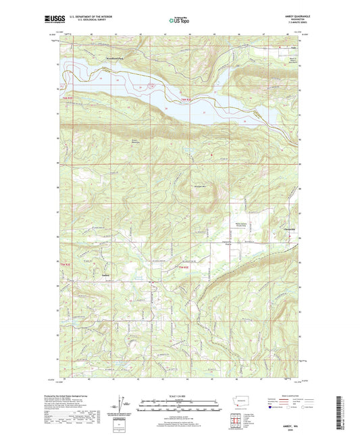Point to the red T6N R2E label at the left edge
tap(67, 99)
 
